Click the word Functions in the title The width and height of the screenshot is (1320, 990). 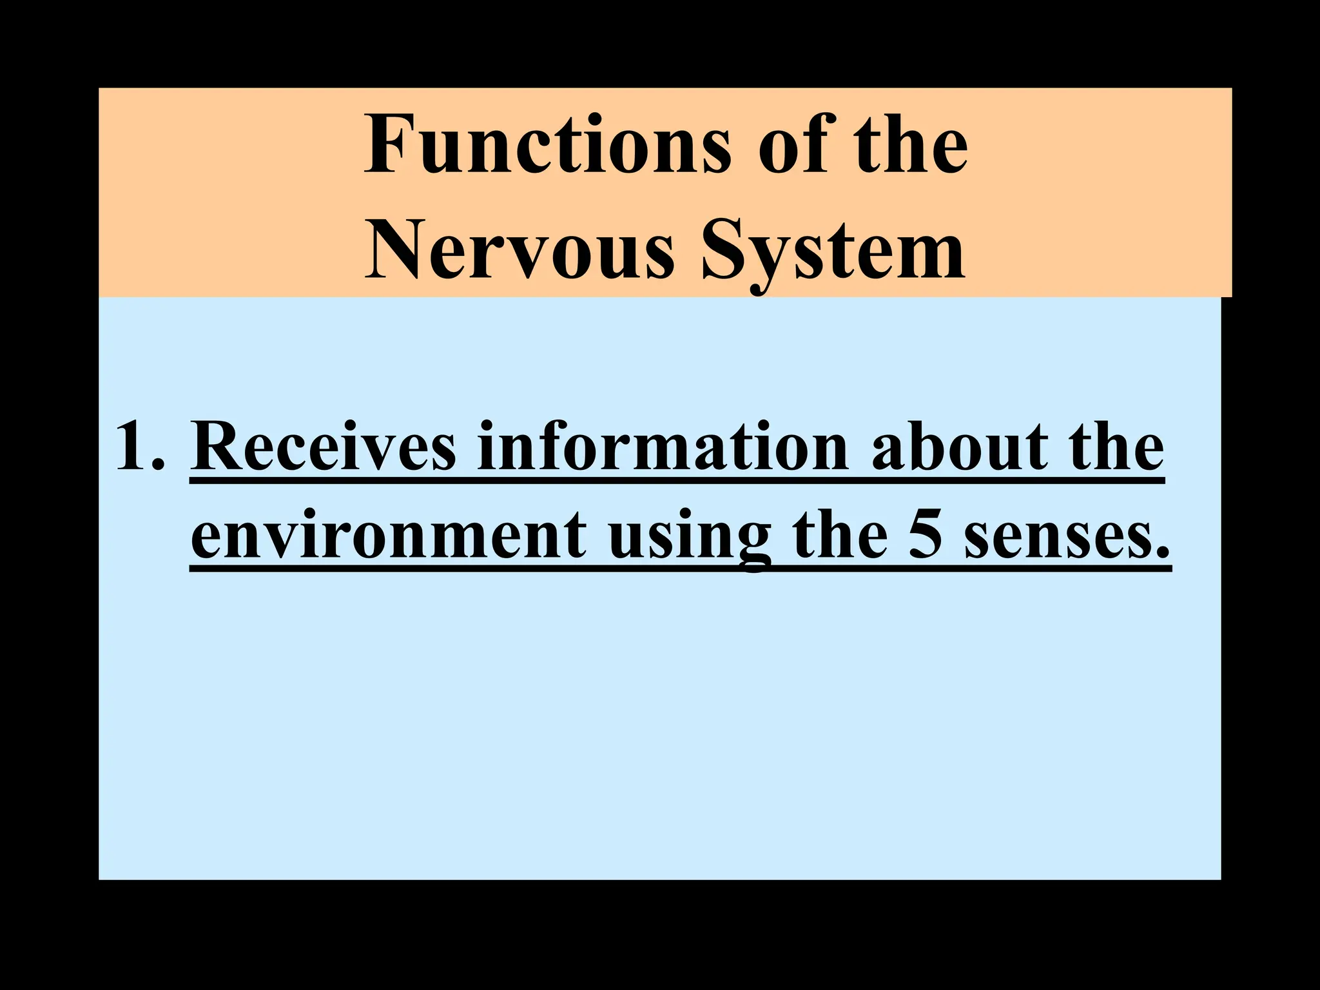pos(548,145)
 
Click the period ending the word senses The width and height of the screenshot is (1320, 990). pos(1163,552)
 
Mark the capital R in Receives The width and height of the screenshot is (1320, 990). pos(217,446)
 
